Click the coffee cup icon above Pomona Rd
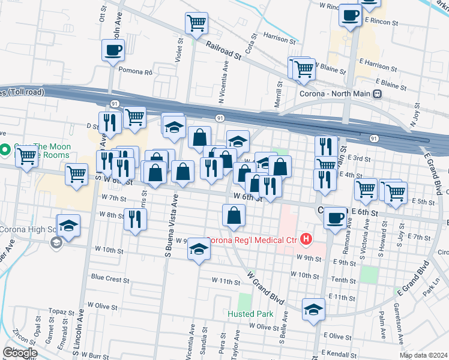pyautogui.click(x=112, y=50)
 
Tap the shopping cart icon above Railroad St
pyautogui.click(x=196, y=23)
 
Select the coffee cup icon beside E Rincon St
pyautogui.click(x=349, y=16)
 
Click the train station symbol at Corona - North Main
pyautogui.click(x=377, y=94)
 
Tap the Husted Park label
pyautogui.click(x=250, y=314)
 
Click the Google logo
pyautogui.click(x=20, y=353)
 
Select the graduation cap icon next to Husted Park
pyautogui.click(x=313, y=310)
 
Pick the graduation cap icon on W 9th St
pyautogui.click(x=199, y=249)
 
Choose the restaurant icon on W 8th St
pyautogui.click(x=135, y=219)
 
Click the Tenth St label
pyautogui.click(x=343, y=280)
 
